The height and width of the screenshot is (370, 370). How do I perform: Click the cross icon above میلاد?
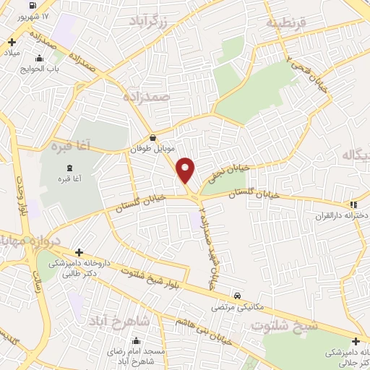[12, 42]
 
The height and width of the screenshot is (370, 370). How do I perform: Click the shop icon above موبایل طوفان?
[152, 137]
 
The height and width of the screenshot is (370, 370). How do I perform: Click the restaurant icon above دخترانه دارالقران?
[353, 205]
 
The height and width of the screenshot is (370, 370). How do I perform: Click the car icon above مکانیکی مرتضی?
[237, 296]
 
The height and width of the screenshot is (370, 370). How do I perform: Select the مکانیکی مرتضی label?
[228, 307]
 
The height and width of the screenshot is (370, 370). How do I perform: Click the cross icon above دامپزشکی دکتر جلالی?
[356, 341]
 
